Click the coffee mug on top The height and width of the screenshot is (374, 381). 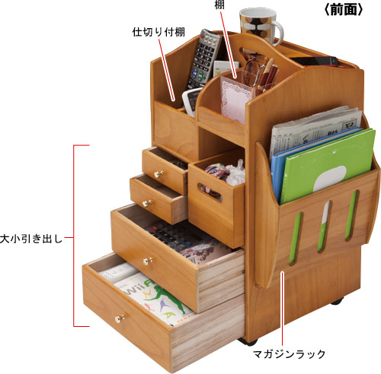(x=259, y=25)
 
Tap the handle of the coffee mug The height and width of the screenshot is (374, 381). (x=279, y=33)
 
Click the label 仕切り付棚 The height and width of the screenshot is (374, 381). (x=158, y=32)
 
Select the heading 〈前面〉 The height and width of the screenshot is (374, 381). (x=344, y=10)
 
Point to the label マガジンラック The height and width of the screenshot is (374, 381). (x=289, y=354)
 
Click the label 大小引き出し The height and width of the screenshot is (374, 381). (x=31, y=239)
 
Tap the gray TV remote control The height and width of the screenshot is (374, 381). (x=203, y=59)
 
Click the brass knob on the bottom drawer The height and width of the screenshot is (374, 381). (x=120, y=319)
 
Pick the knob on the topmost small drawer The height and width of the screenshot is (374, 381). (x=158, y=174)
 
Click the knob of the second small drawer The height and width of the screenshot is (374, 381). (x=146, y=203)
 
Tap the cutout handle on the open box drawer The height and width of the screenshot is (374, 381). (x=210, y=192)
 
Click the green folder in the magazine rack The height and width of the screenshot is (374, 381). (x=328, y=165)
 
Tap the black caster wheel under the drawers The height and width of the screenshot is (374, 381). (x=248, y=341)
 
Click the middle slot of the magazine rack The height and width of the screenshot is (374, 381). (x=324, y=227)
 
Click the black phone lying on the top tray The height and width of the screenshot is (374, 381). (x=315, y=62)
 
